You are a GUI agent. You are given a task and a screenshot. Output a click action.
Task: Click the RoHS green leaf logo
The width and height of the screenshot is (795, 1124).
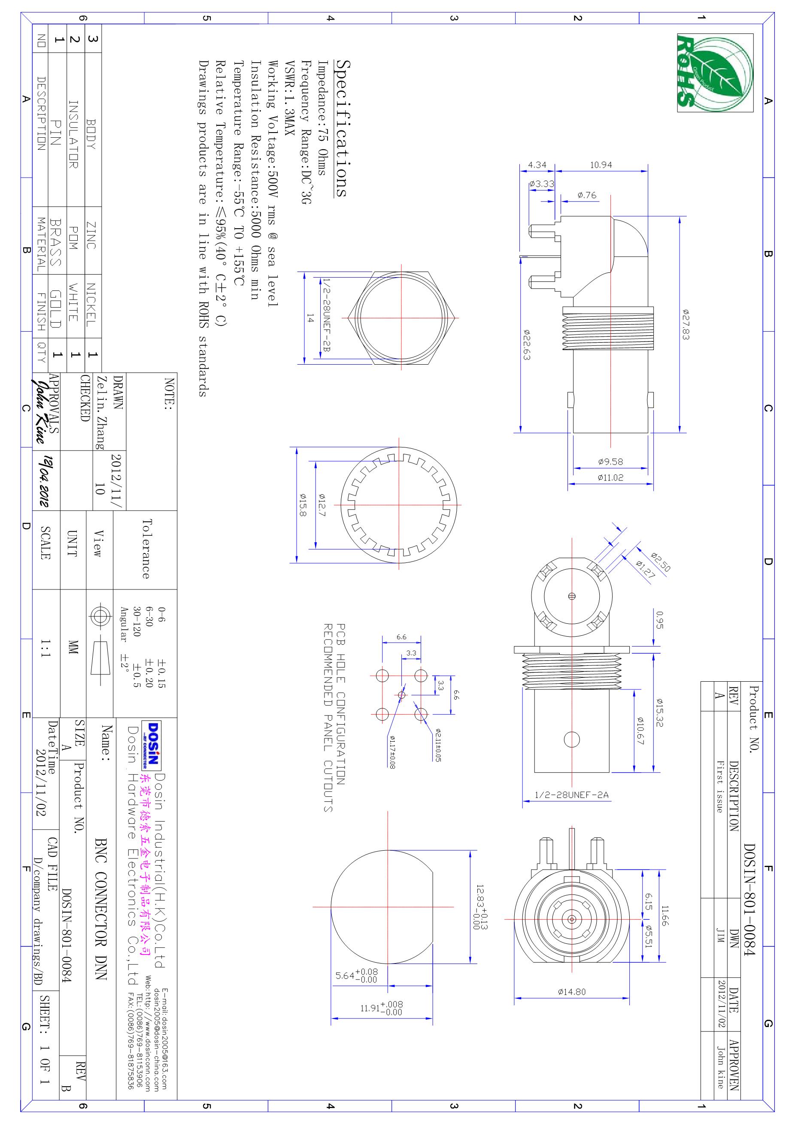(715, 73)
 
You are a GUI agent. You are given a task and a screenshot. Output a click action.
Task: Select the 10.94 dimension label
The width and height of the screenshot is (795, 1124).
(601, 165)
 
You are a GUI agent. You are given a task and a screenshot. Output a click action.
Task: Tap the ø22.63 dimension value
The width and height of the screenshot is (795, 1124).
(527, 344)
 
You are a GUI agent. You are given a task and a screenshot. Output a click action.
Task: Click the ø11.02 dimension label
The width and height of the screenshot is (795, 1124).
(610, 477)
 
